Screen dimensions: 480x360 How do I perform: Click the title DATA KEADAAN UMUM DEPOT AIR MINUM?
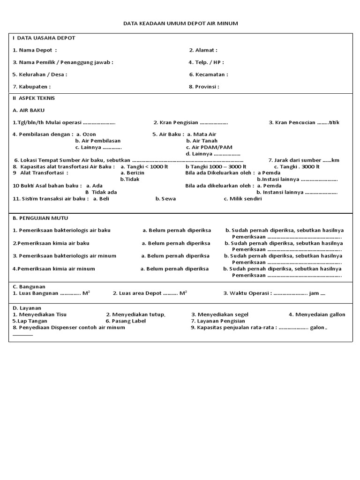coord(180,23)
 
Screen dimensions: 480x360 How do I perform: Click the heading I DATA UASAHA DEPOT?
coord(44,38)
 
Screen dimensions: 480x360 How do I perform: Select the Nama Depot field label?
coord(35,50)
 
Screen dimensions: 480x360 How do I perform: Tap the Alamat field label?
coord(203,50)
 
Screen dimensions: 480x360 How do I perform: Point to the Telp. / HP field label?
coord(206,62)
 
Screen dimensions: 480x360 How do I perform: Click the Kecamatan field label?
coord(209,75)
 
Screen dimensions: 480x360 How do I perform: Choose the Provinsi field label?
coord(204,87)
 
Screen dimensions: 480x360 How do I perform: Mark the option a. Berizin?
coord(133,172)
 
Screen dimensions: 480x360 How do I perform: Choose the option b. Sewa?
coord(165,199)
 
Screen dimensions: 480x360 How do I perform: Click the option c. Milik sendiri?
coord(243,199)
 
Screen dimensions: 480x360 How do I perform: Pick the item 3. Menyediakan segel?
coord(220,315)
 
